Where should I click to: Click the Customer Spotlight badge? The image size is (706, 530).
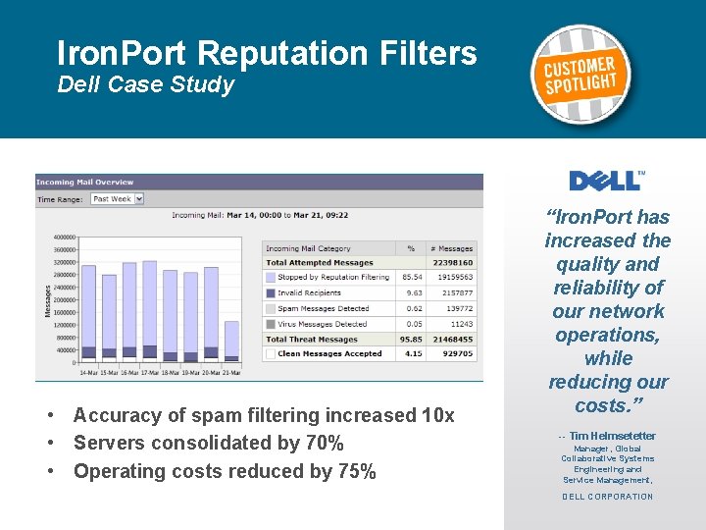click(x=582, y=74)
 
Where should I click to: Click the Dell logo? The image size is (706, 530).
click(x=607, y=180)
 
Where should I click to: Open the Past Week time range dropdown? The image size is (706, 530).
click(x=117, y=198)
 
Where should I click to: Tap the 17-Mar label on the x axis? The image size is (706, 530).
click(x=150, y=372)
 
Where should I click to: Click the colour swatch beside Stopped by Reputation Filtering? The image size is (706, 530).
click(x=271, y=278)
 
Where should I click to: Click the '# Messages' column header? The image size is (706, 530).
click(x=453, y=248)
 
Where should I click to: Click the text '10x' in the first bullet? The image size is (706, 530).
click(x=437, y=416)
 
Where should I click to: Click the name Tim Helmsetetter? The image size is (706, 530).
click(x=612, y=436)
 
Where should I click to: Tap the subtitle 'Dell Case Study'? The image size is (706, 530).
click(x=146, y=84)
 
